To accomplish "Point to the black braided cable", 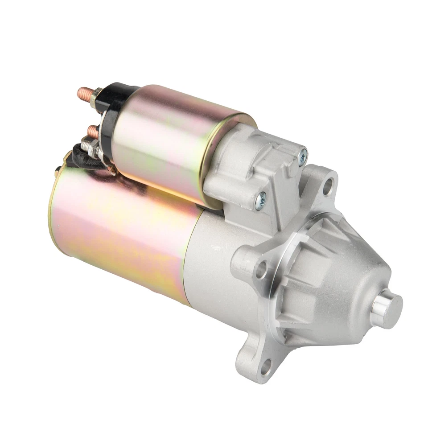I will tap(80, 156).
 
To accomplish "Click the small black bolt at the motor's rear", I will tap(58, 169).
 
